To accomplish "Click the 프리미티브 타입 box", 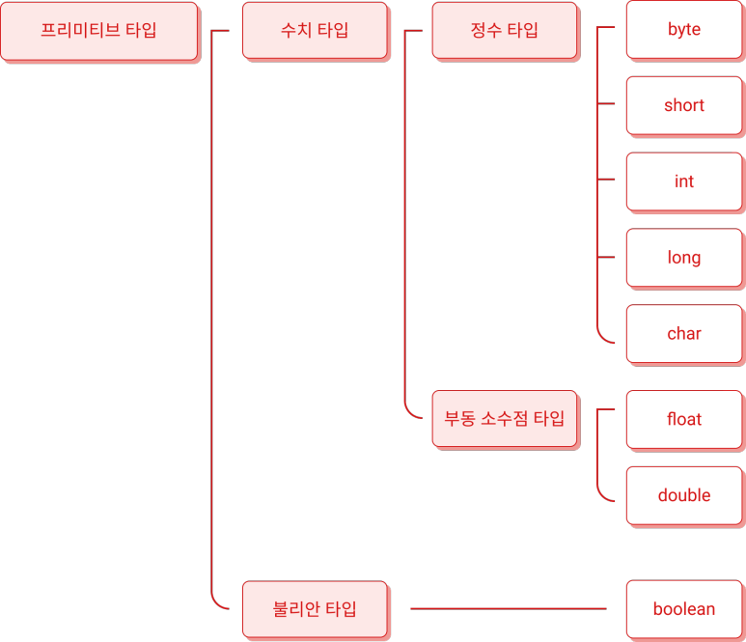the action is click(x=98, y=30).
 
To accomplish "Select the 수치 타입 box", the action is click(x=315, y=30).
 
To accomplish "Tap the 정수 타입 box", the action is click(x=504, y=30).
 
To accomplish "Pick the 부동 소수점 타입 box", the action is click(x=504, y=419).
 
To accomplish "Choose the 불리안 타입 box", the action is click(x=315, y=609).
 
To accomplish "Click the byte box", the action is click(x=683, y=30).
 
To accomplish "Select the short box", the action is click(x=683, y=105).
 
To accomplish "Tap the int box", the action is click(x=683, y=181).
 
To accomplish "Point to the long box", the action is click(x=683, y=258).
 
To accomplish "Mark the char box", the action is click(x=683, y=334).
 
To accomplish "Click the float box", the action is click(x=683, y=419).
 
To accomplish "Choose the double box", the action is click(x=683, y=495).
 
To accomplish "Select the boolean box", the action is click(x=683, y=609).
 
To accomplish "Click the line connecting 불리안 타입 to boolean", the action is click(x=508, y=609).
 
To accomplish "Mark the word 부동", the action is click(x=459, y=419).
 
